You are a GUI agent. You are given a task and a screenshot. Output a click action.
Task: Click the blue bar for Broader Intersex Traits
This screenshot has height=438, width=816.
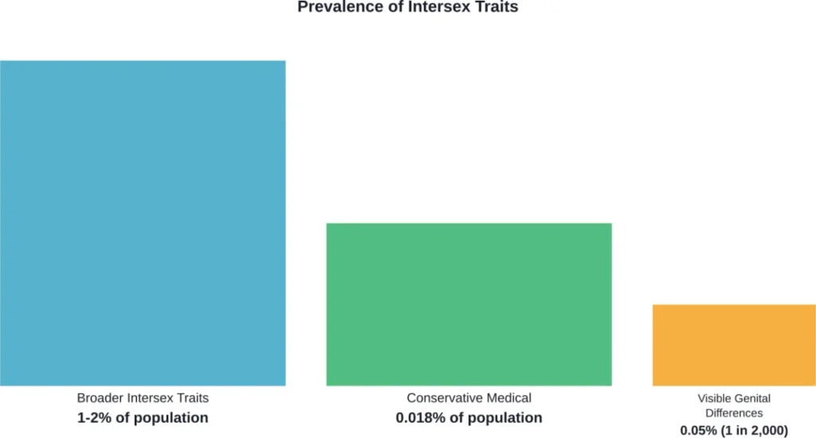[143, 223]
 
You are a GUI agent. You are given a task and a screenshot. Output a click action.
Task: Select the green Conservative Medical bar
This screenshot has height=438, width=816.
[469, 304]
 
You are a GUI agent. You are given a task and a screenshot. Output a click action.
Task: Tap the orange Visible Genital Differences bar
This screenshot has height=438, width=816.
[734, 345]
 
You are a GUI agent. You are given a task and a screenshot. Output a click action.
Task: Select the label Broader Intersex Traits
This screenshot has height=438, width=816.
[143, 398]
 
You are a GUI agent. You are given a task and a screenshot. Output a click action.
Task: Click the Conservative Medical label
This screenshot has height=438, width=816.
[469, 398]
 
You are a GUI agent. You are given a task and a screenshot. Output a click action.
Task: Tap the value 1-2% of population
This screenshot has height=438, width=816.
[143, 417]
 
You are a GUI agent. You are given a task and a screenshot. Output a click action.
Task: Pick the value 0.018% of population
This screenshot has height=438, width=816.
[469, 417]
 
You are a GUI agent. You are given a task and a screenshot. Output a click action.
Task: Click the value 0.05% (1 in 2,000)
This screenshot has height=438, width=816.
[734, 428]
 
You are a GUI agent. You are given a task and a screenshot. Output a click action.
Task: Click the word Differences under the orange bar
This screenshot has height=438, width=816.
[734, 413]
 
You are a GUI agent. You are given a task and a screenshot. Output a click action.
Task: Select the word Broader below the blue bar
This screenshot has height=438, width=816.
[99, 398]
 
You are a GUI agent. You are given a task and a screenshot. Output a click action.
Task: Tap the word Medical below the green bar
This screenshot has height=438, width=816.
[509, 398]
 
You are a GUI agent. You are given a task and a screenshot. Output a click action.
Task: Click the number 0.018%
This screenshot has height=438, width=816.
[420, 417]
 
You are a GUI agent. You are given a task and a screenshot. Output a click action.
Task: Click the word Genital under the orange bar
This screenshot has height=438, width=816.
[753, 398]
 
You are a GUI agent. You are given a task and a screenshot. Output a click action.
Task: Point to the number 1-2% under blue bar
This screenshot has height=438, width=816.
[93, 417]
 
